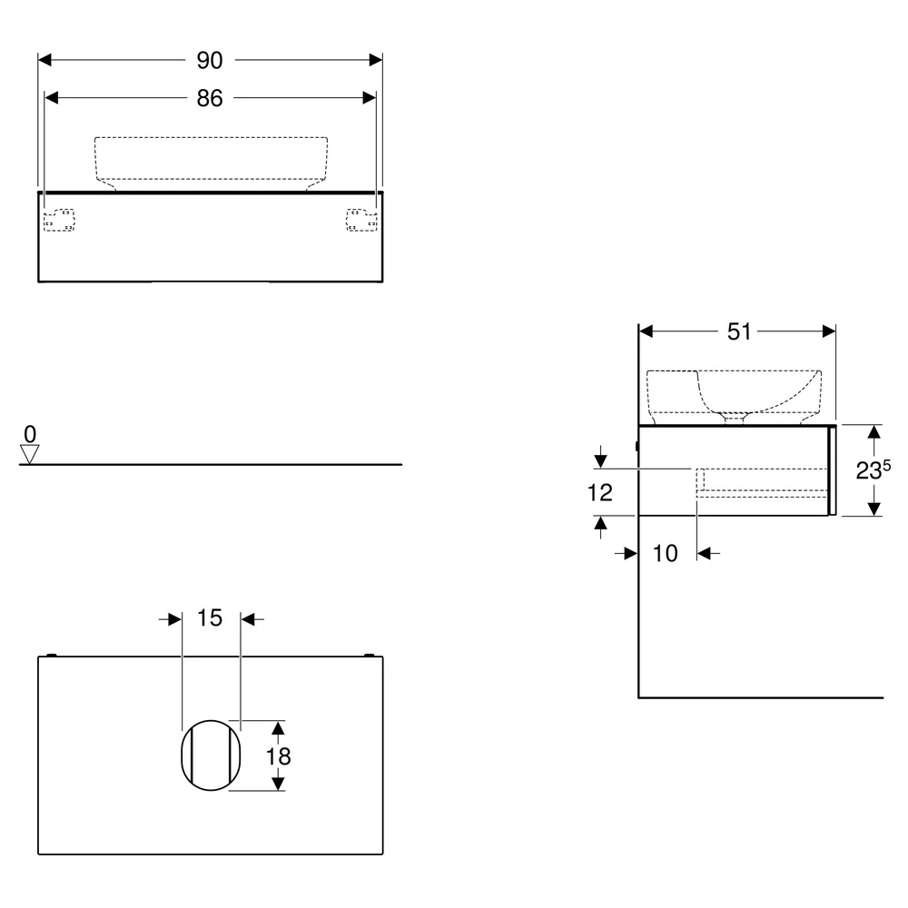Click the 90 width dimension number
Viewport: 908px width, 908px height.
pos(210,60)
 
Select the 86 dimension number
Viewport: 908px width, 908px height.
pos(210,98)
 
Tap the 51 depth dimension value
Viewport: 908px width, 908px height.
pos(739,331)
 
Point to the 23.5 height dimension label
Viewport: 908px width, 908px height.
pos(873,469)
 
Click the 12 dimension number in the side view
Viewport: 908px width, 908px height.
pos(599,493)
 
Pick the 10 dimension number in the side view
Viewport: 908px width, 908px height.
pos(665,554)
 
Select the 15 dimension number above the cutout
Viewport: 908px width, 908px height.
pos(210,617)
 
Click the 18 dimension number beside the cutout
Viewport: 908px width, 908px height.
pos(278,756)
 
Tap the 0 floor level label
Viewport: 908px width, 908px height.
pos(30,434)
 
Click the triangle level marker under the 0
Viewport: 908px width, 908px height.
pos(30,454)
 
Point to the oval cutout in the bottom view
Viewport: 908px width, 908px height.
pos(182,755)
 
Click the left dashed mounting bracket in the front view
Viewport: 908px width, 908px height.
pos(59,220)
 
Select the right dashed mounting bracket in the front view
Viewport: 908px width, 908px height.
pos(361,220)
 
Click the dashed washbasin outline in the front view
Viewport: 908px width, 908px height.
pos(211,138)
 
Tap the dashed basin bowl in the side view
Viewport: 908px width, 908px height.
pos(735,371)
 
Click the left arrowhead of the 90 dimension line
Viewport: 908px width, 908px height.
pos(44,60)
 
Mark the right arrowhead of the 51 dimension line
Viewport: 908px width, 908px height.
pos(829,331)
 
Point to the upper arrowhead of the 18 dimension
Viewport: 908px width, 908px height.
pos(278,727)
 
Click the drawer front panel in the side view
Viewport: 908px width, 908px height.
pos(833,470)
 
